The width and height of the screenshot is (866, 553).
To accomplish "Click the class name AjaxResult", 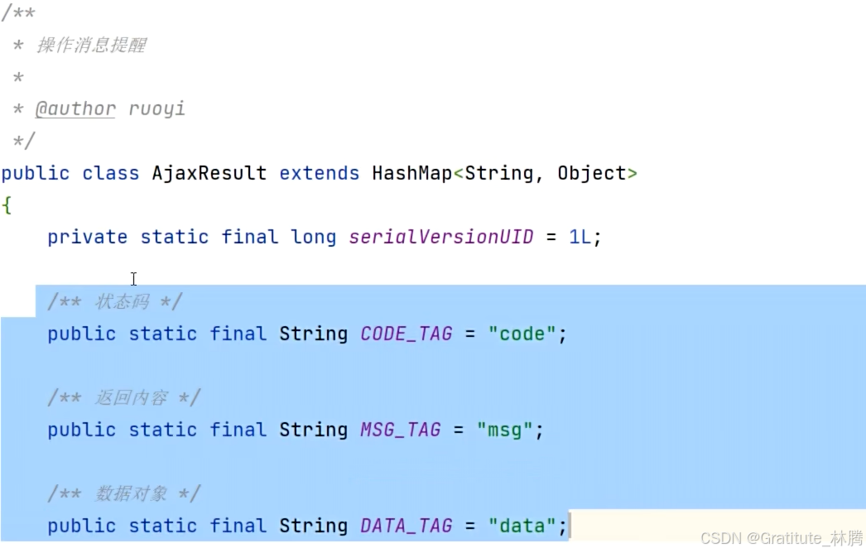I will pos(209,173).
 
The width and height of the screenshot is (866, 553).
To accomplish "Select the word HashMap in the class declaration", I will pos(411,173).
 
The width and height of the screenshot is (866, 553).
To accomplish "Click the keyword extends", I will pos(319,173).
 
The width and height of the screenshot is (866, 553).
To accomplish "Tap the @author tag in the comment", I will pos(75,108).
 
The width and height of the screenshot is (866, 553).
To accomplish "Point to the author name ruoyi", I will pos(156,108).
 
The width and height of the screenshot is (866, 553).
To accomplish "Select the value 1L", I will pos(580,237).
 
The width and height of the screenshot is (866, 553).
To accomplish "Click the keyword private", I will pos(87,237).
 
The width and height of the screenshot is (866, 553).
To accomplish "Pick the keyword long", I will pos(313,237).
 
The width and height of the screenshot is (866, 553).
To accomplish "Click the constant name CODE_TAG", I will pos(406,334).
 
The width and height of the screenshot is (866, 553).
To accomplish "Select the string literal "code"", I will pos(522,334).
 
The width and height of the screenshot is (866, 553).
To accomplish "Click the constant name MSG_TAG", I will pos(400,430).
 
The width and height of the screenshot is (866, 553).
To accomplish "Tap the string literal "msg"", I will pos(504,430).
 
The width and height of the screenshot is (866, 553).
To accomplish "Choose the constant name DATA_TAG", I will pos(406,526).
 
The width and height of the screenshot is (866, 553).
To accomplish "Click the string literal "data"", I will pos(522,526).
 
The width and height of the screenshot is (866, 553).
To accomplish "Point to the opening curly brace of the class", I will pos(7,205).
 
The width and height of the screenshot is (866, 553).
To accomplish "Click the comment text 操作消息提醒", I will pos(91,45).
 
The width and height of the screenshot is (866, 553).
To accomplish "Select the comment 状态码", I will pos(123,302).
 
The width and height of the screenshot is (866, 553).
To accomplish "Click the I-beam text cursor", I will pos(133,279).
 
